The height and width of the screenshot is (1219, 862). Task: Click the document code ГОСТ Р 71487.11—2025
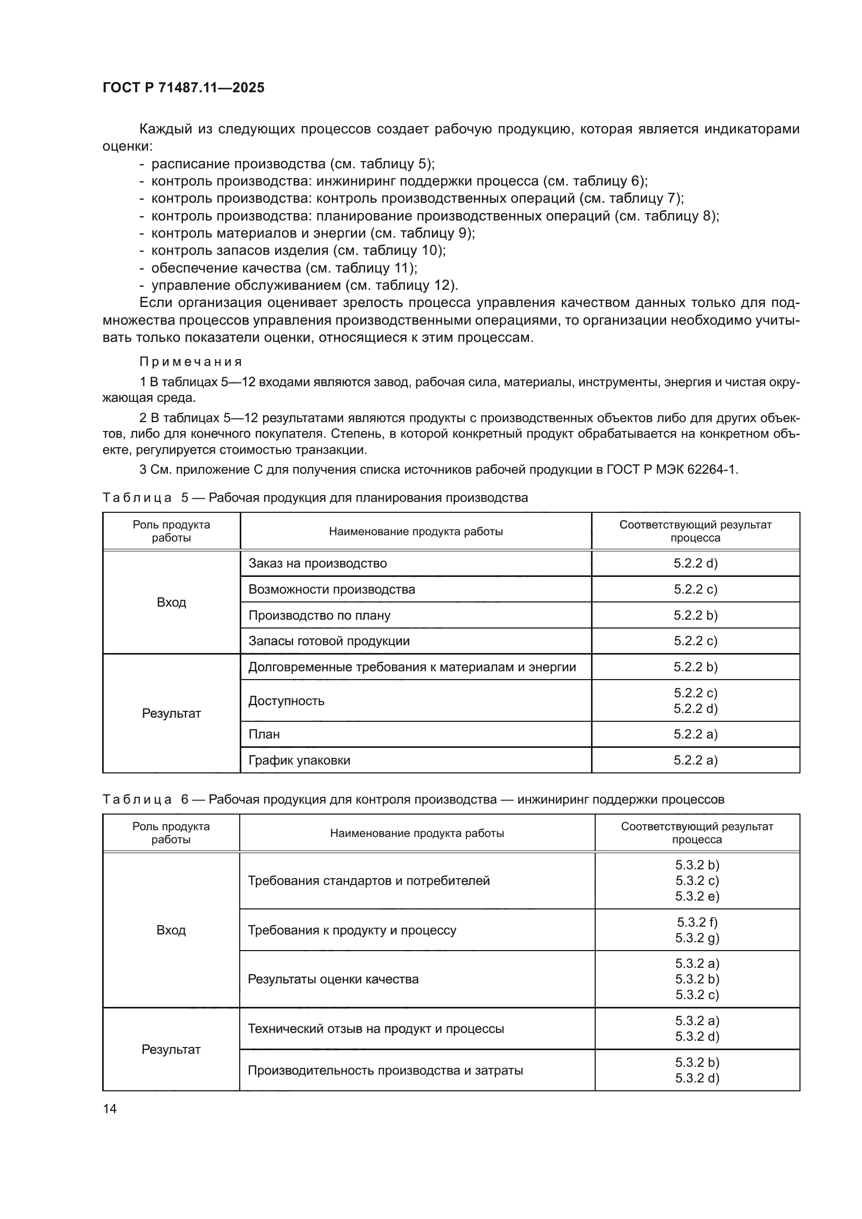pyautogui.click(x=183, y=88)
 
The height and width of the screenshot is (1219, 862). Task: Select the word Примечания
pyautogui.click(x=191, y=362)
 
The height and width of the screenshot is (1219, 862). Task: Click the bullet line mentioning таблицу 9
pyautogui.click(x=313, y=233)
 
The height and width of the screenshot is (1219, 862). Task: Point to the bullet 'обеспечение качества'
pyautogui.click(x=284, y=267)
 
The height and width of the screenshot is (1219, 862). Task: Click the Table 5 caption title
pyautogui.click(x=315, y=498)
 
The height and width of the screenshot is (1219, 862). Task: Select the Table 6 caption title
pyautogui.click(x=413, y=799)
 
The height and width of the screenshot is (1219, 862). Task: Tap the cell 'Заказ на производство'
pyautogui.click(x=317, y=563)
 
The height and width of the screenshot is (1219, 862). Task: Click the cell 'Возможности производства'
pyautogui.click(x=332, y=589)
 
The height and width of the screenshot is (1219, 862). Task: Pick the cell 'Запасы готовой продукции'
pyautogui.click(x=329, y=641)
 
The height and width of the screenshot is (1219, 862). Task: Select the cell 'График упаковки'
pyautogui.click(x=299, y=760)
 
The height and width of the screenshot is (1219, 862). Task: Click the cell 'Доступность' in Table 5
pyautogui.click(x=286, y=701)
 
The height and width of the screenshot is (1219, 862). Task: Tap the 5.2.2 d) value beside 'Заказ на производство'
pyautogui.click(x=695, y=563)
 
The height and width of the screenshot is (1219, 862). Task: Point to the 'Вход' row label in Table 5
pyautogui.click(x=171, y=602)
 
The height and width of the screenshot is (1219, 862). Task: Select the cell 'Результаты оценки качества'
pyautogui.click(x=333, y=979)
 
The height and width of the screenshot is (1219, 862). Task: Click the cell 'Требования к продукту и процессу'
pyautogui.click(x=352, y=930)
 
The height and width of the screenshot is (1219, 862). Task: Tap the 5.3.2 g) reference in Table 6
pyautogui.click(x=697, y=938)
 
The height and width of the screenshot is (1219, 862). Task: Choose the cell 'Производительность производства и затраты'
pyautogui.click(x=385, y=1070)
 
